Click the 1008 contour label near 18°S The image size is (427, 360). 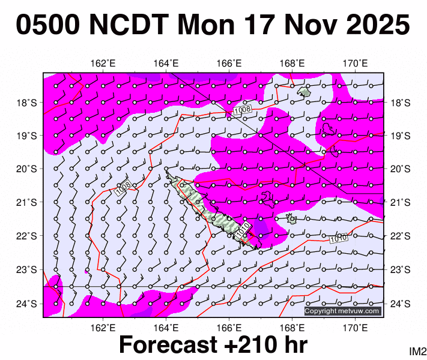243,110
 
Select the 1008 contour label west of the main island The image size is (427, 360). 123,188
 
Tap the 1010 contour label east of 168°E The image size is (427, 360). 338,239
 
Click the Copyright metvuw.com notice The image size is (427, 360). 342,311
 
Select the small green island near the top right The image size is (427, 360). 304,92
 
